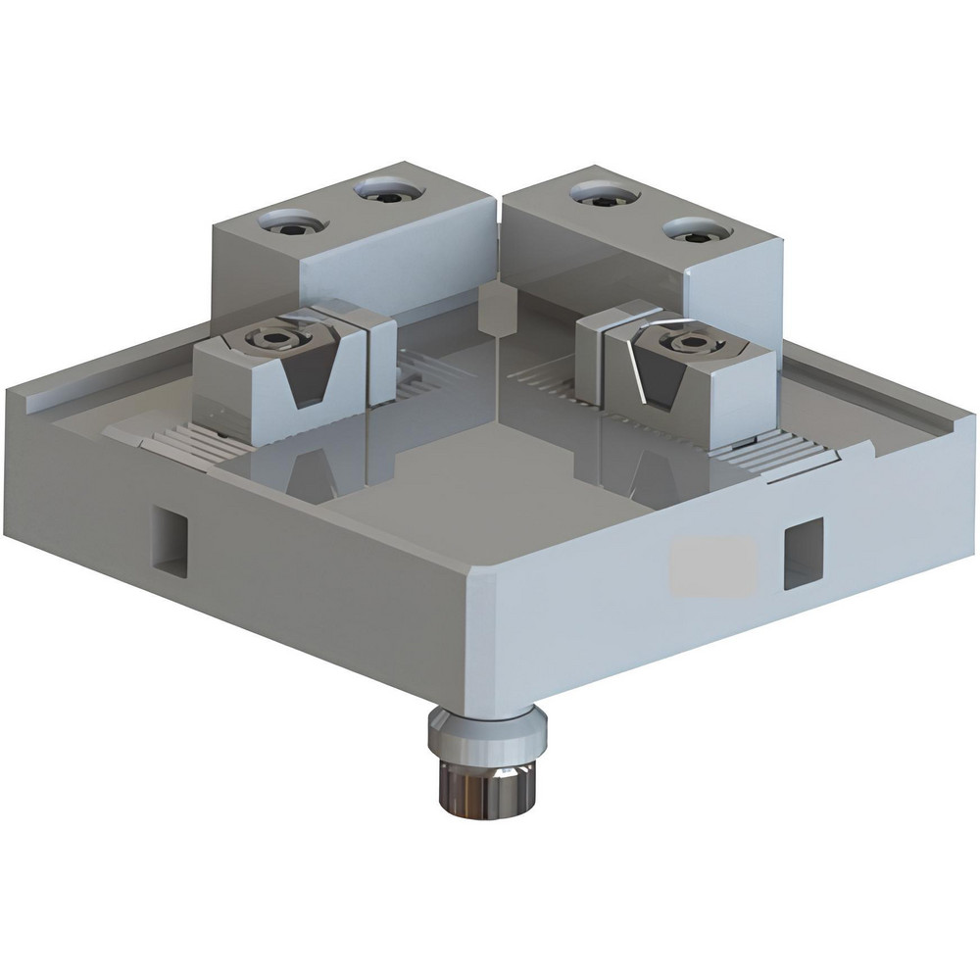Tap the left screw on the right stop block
595,196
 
